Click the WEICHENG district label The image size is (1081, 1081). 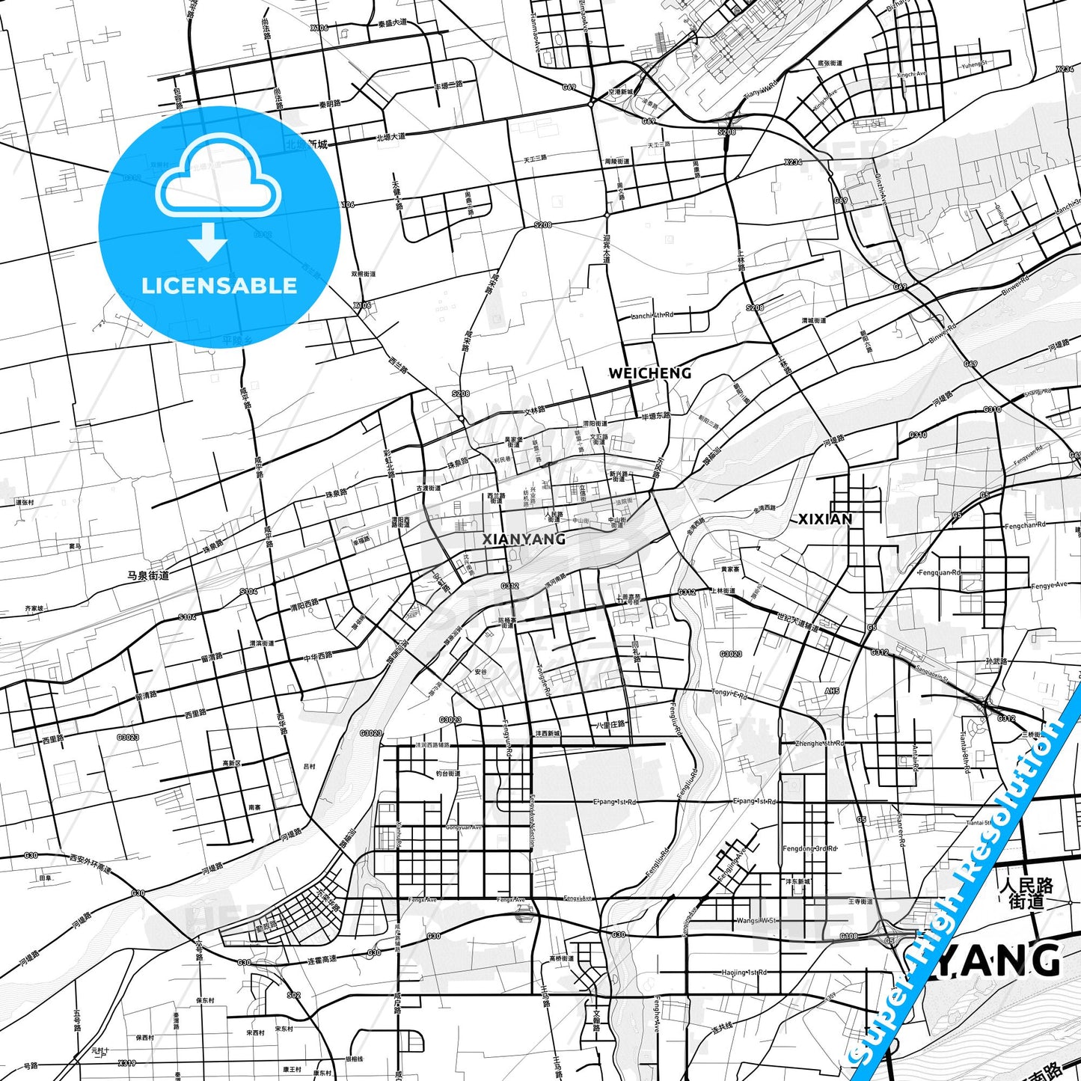coord(649,373)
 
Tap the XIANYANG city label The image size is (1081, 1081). coord(524,539)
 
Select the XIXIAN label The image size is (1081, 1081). coord(825,518)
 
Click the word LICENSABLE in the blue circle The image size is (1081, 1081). coord(219,286)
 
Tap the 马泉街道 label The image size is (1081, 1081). coord(147,575)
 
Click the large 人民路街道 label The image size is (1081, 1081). coord(1026,893)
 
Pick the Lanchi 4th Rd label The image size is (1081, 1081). coord(652,315)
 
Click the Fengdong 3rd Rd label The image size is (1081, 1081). coord(809,848)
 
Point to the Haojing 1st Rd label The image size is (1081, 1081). coord(744,973)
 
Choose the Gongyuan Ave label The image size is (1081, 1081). coord(464,827)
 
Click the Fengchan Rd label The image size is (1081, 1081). coord(1025,526)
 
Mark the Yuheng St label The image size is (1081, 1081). coord(974,64)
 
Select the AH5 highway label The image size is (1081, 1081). coord(832,691)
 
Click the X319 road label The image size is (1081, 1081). coord(126,1062)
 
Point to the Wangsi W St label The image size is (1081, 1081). coord(756,921)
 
